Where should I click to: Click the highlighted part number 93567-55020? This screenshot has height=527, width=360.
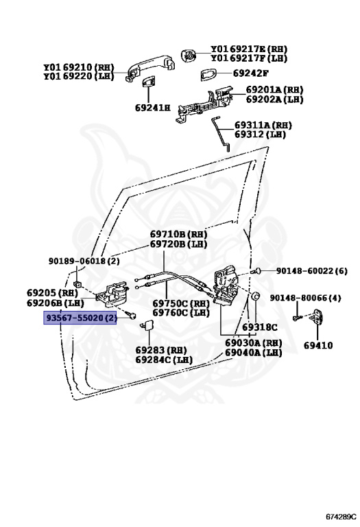click(x=80, y=318)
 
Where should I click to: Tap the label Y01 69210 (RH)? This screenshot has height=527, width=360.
click(x=79, y=67)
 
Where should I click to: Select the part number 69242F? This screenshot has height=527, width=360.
click(x=250, y=73)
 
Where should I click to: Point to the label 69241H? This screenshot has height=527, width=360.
click(x=152, y=108)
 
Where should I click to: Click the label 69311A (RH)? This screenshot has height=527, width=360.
click(x=263, y=125)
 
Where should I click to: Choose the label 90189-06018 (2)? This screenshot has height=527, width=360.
click(x=84, y=261)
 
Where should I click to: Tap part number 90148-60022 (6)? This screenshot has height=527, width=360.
click(x=311, y=270)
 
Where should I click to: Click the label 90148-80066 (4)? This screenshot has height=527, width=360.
click(x=305, y=297)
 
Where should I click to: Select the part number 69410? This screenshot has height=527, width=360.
click(x=318, y=345)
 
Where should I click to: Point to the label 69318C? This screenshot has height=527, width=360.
click(x=260, y=327)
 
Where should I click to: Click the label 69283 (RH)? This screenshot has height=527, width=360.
click(x=161, y=350)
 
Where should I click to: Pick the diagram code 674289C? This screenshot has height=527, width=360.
click(x=341, y=516)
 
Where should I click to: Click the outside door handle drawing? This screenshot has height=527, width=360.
click(x=150, y=66)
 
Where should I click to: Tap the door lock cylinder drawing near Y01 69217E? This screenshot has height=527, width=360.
click(x=188, y=55)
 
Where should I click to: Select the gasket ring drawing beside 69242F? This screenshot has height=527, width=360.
click(x=208, y=75)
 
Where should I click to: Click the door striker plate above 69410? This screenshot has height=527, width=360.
click(x=317, y=316)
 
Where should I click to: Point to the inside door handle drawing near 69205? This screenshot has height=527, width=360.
click(x=112, y=295)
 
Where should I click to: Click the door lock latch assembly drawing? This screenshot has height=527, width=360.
click(x=226, y=283)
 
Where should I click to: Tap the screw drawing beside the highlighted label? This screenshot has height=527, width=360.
click(x=130, y=315)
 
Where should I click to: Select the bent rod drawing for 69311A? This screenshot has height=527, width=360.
click(x=221, y=133)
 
